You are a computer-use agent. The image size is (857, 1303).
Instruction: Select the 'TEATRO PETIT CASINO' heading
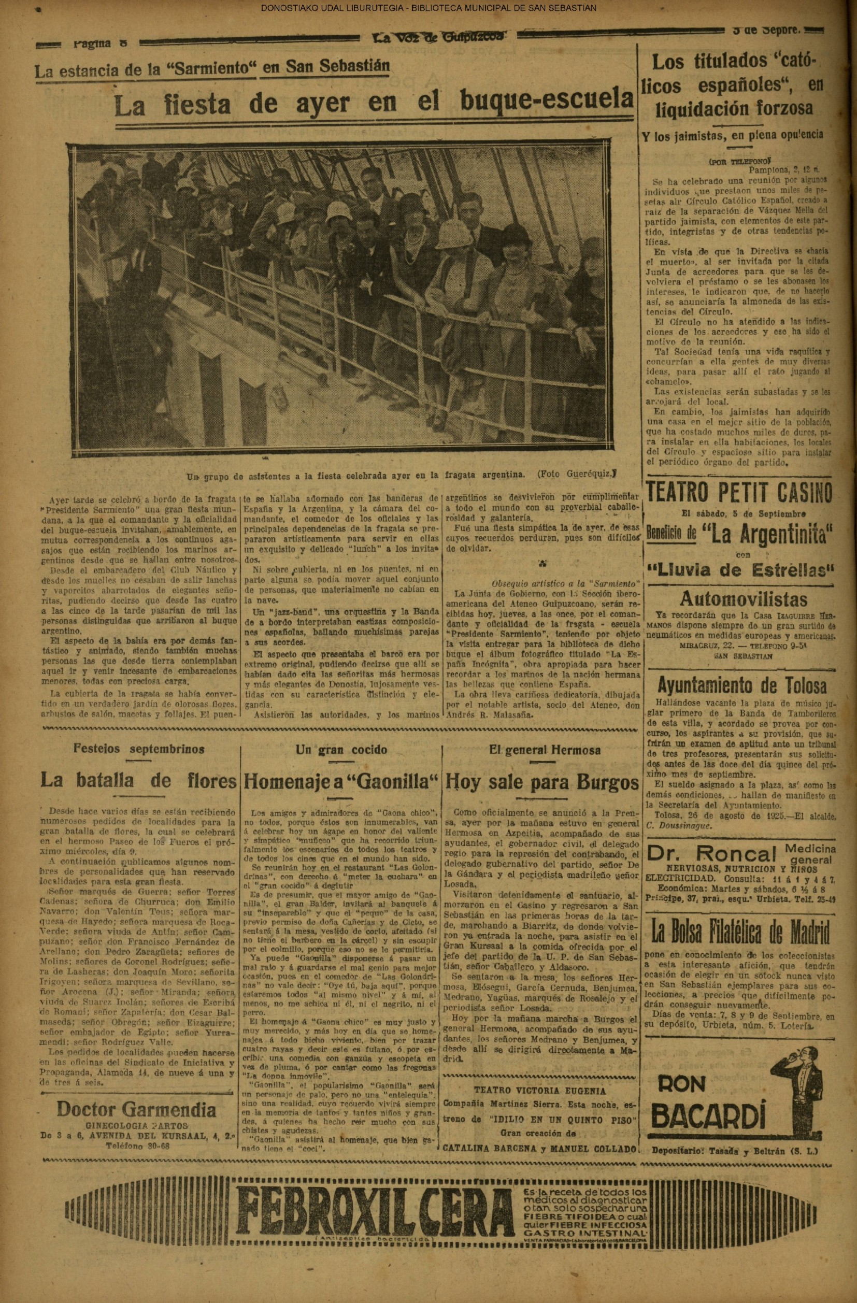pos(739,493)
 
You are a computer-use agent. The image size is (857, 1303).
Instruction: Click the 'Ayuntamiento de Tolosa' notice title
pos(742,685)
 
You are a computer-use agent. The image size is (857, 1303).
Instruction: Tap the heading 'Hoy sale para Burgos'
pos(542,782)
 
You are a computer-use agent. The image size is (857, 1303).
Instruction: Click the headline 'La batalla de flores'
pos(138,781)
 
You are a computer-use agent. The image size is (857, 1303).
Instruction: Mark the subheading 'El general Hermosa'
pos(545,750)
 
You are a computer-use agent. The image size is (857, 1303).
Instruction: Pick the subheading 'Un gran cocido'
pos(341,750)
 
